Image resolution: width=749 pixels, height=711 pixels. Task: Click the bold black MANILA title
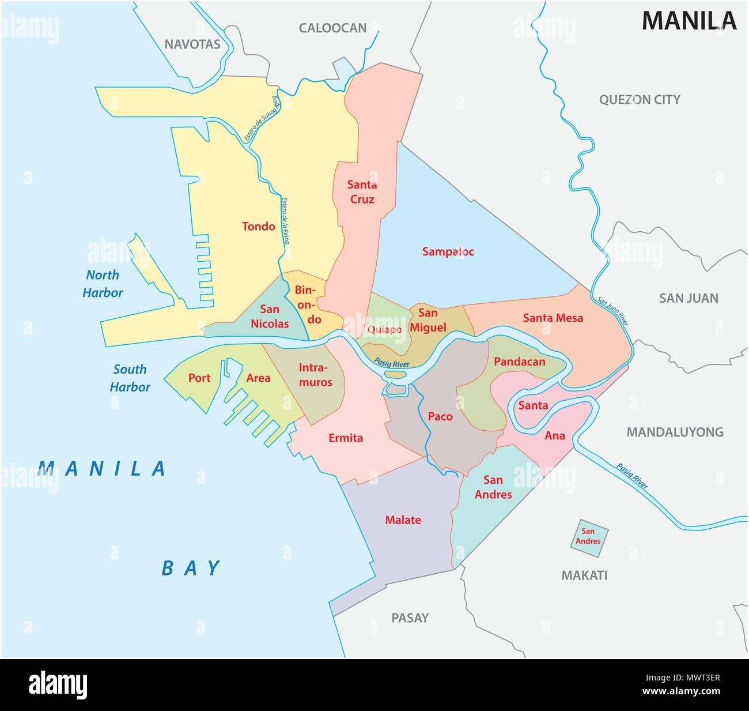click(689, 20)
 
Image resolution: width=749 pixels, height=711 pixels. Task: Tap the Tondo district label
click(258, 226)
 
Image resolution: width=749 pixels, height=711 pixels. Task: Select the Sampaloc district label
click(448, 251)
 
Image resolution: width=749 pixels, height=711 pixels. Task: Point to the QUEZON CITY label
click(640, 99)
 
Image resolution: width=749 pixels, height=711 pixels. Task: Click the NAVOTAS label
click(192, 44)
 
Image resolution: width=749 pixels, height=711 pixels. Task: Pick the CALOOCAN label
click(332, 28)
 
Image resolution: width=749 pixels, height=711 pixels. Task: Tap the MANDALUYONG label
click(675, 432)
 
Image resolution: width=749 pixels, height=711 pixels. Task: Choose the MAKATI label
click(584, 575)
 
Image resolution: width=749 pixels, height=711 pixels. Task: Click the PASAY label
click(410, 618)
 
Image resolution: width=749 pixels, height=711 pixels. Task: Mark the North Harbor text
click(103, 284)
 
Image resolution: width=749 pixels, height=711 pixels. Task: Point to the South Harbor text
click(130, 378)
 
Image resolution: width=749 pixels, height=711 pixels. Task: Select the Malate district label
click(403, 520)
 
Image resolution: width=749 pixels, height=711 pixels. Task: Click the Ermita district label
click(346, 438)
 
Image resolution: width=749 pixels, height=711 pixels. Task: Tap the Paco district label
click(440, 416)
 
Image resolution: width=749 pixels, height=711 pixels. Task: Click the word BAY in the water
click(191, 568)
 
